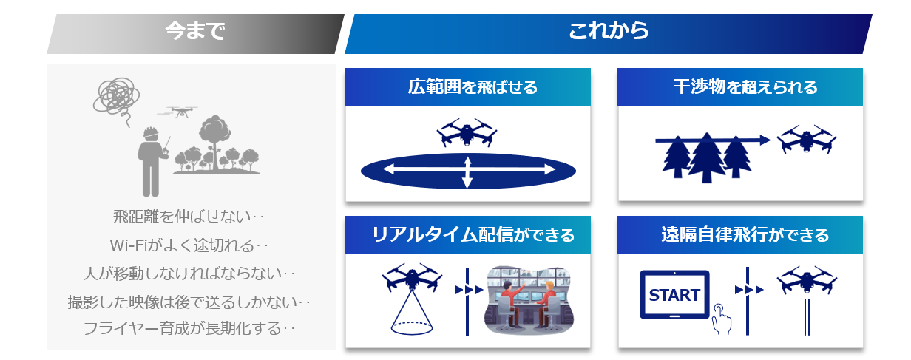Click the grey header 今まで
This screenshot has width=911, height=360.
(x=194, y=31)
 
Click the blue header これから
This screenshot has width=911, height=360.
(x=609, y=31)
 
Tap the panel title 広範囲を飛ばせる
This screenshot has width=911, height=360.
(x=473, y=87)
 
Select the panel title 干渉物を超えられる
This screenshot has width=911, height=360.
(x=745, y=87)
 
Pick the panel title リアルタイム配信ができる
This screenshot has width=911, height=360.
(x=473, y=235)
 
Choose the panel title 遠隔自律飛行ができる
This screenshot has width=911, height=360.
(x=745, y=235)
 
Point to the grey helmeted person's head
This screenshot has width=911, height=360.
(x=150, y=134)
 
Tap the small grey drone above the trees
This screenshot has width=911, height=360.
(x=179, y=112)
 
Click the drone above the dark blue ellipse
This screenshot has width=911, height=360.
(x=467, y=132)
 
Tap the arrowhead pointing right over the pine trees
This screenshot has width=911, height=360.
(x=765, y=140)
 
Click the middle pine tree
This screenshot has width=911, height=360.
(x=707, y=158)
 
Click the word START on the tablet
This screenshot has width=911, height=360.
(x=674, y=295)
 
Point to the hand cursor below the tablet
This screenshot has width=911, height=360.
(x=721, y=319)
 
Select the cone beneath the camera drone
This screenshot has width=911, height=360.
(x=412, y=313)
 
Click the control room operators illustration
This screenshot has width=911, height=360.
(x=528, y=300)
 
